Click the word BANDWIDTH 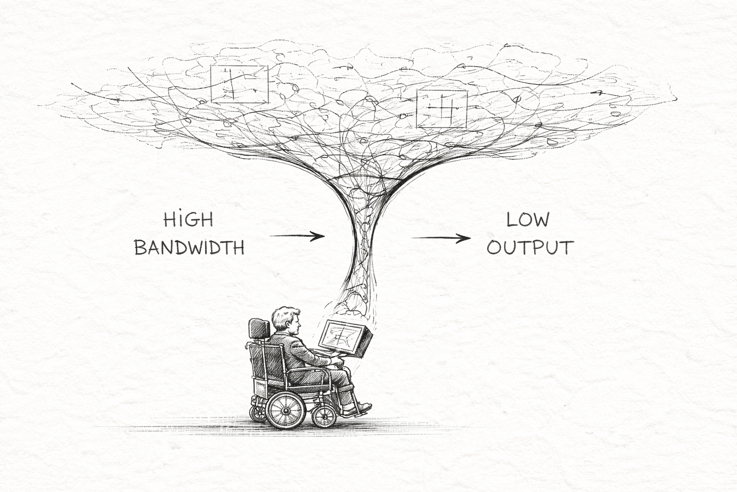tap(189, 247)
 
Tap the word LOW tap(528, 220)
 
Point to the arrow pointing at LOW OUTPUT tap(440, 237)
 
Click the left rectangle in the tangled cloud tap(239, 84)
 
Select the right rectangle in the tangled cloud tap(441, 108)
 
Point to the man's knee tap(345, 374)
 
